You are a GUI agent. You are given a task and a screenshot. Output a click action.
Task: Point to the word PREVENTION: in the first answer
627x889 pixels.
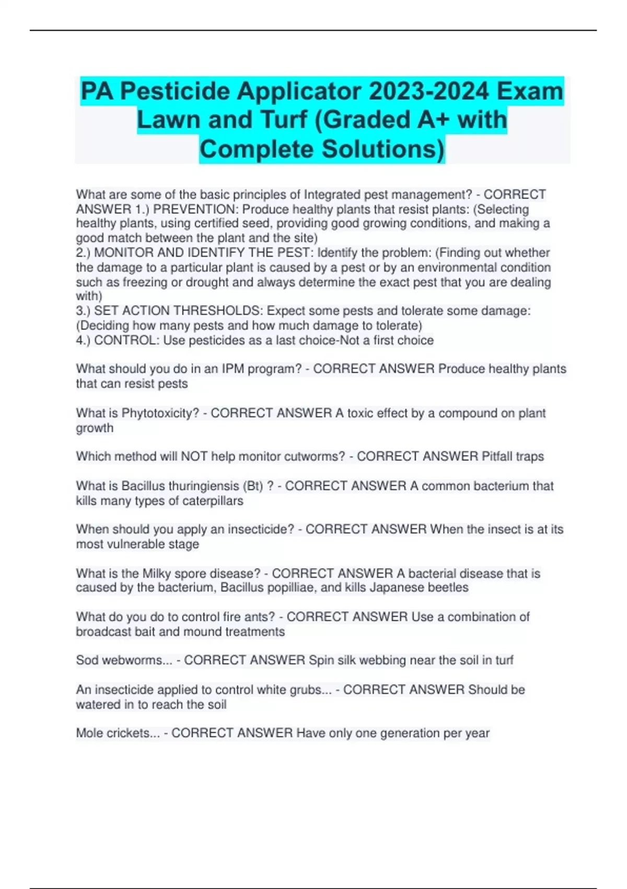coord(196,209)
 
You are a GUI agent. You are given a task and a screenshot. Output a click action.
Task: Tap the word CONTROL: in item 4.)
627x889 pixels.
coord(127,340)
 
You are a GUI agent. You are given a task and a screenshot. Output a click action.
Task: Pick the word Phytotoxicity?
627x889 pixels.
coord(160,413)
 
